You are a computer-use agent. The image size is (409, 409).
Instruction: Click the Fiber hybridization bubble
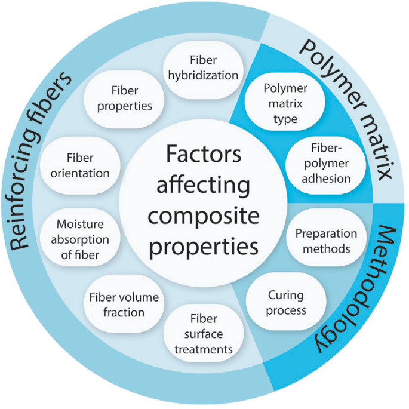202,69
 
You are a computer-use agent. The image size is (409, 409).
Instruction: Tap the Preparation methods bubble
326,241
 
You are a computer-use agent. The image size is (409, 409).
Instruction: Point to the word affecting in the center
204,186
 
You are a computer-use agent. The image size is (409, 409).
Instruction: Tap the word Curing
285,296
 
